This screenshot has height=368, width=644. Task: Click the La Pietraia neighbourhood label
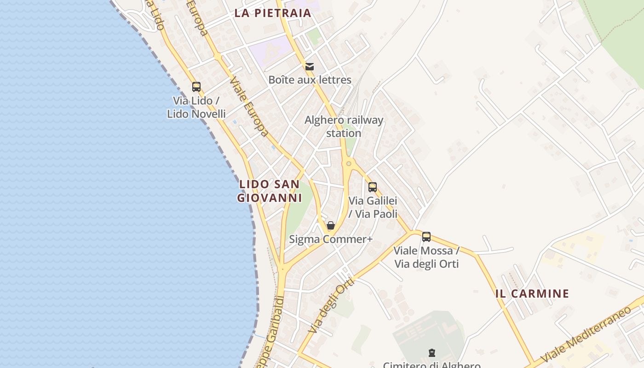click(x=273, y=13)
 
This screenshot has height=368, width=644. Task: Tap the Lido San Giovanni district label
click(x=270, y=191)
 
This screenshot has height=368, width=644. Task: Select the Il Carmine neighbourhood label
click(x=532, y=293)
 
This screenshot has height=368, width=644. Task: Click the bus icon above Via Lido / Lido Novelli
click(x=196, y=86)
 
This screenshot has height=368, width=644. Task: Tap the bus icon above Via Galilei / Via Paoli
click(x=373, y=187)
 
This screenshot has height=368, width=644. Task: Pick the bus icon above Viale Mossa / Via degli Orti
click(x=426, y=237)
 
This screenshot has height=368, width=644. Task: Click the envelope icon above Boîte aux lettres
click(x=310, y=67)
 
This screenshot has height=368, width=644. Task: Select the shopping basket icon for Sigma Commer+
click(x=330, y=225)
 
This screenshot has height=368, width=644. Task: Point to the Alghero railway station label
click(x=344, y=126)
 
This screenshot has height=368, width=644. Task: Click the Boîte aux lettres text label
click(x=310, y=80)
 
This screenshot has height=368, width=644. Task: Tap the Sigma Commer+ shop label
click(x=330, y=240)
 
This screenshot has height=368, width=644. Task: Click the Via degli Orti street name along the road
click(x=332, y=305)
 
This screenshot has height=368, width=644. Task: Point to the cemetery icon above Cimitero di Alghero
click(x=431, y=353)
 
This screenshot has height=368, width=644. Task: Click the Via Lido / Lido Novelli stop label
click(x=196, y=107)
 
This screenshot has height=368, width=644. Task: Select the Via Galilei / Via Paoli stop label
click(x=373, y=207)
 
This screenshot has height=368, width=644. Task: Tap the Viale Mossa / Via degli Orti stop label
click(x=426, y=257)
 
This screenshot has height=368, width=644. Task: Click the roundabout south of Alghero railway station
click(x=349, y=163)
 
